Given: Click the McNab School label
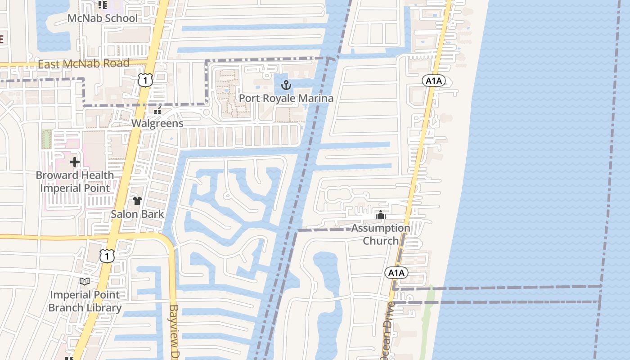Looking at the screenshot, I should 103,18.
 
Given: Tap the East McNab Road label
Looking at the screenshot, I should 84,64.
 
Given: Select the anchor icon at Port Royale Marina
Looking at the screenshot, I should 286,85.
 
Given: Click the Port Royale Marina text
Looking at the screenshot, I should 286,98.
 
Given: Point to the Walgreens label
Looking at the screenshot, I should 157,123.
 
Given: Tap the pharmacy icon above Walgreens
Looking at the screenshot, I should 157,111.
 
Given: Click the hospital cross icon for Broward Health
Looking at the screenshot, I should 75,162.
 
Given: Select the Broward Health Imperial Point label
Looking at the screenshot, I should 75,181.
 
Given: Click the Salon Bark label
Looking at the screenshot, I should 137,214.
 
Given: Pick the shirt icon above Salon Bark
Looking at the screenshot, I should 137,201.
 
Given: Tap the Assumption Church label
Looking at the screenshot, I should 381,234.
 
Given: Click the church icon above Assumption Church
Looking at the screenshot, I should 381,215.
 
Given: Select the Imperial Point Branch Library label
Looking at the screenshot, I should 85,301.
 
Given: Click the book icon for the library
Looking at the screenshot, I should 85,282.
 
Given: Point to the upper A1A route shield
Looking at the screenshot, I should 434,81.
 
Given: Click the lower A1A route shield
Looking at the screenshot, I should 396,273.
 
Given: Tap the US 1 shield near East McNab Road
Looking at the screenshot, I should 145,80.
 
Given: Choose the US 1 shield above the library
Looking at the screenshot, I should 107,256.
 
